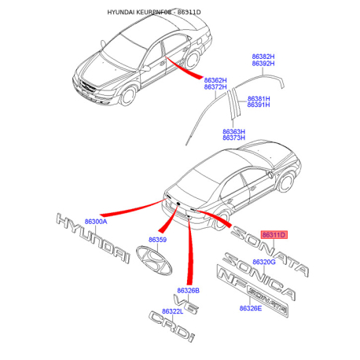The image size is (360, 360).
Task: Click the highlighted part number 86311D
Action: click(274, 234)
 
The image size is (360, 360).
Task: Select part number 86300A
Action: click(96, 222)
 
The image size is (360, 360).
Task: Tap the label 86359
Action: click(157, 240)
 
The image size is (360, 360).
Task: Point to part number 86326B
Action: click(188, 291)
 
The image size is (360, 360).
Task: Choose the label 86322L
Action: click(172, 311)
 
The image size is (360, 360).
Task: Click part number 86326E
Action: click(251, 308)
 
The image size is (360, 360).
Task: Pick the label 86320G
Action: click(264, 262)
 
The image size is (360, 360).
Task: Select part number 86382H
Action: click(263, 57)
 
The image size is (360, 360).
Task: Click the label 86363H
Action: click(233, 131)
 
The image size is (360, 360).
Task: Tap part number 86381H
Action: click(259, 99)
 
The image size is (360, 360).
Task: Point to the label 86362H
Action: click(215, 80)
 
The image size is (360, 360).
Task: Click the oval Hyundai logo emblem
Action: click(154, 261)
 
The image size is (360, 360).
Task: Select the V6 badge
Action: click(186, 304)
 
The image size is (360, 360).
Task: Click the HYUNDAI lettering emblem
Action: click(93, 238)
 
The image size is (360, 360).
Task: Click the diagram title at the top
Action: click(154, 12)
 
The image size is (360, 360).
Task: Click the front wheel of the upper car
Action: click(128, 96)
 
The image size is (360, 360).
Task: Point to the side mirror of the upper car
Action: click(146, 68)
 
